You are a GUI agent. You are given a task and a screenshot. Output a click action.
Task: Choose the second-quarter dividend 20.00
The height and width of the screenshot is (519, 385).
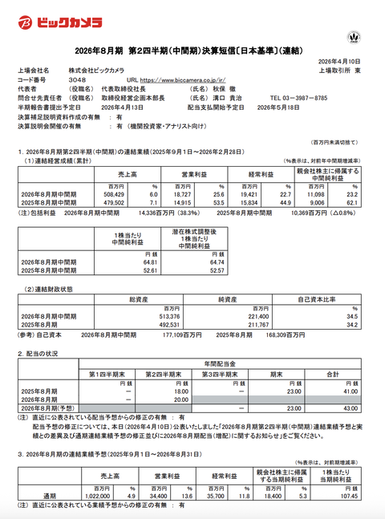point(177,399)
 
